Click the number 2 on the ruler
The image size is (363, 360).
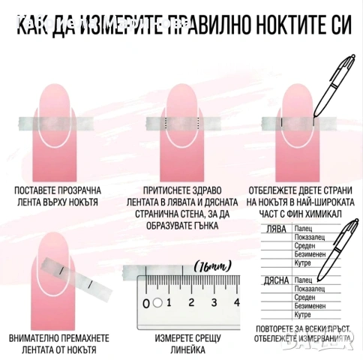(191, 303)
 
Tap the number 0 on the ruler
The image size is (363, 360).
(146, 303)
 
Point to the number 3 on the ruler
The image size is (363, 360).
(214, 303)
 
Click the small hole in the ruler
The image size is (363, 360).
(157, 303)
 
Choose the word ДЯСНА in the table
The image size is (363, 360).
(277, 280)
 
